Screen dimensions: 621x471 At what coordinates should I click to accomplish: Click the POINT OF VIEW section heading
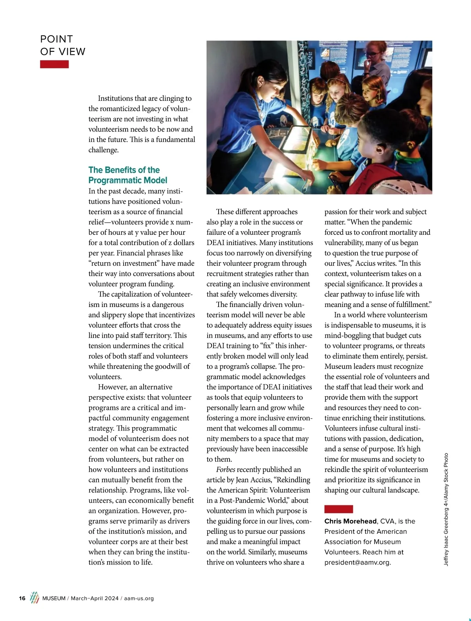pyautogui.click(x=62, y=45)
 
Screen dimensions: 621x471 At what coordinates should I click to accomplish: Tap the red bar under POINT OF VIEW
pyautogui.click(x=54, y=64)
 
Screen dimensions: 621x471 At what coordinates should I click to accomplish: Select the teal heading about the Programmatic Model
pyautogui.click(x=128, y=175)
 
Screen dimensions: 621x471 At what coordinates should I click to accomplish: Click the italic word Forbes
pyautogui.click(x=226, y=469)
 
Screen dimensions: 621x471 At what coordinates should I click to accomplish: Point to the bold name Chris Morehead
pyautogui.click(x=351, y=521)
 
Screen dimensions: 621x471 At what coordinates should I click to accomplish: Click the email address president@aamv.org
pyautogui.click(x=357, y=562)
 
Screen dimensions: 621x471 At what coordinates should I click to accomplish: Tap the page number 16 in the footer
pyautogui.click(x=22, y=598)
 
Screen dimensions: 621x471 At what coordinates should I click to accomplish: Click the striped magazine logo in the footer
pyautogui.click(x=35, y=597)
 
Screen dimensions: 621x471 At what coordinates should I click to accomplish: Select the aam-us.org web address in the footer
pyautogui.click(x=139, y=598)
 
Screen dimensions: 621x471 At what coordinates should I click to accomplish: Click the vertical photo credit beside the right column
pyautogui.click(x=446, y=509)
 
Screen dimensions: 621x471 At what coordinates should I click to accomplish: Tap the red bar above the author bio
pyautogui.click(x=338, y=509)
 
